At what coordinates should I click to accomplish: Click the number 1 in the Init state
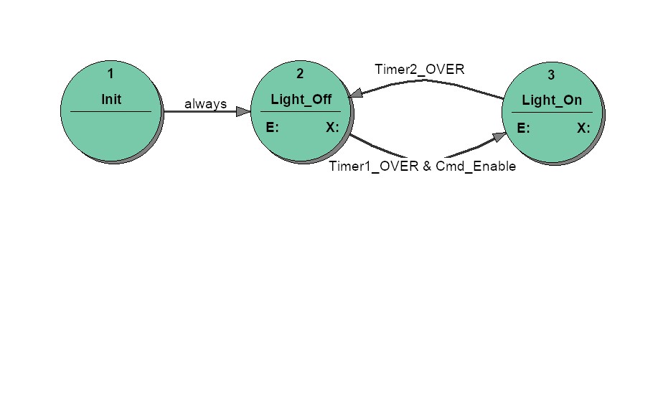click(x=110, y=74)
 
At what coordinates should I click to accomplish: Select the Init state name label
click(x=111, y=99)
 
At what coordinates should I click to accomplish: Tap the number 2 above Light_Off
click(x=300, y=74)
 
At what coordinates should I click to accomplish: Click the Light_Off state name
click(x=301, y=100)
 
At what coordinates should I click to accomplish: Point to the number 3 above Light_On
click(x=551, y=75)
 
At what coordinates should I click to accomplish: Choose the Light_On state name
click(x=552, y=100)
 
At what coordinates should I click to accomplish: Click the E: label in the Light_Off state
click(x=273, y=127)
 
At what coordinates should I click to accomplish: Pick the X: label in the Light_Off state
click(x=332, y=127)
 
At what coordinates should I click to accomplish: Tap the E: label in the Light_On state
click(x=524, y=128)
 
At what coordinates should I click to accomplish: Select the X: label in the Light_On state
click(x=583, y=128)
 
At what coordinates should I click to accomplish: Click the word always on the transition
click(x=205, y=103)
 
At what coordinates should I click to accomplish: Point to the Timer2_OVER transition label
click(x=420, y=70)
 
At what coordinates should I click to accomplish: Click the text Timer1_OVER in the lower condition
click(x=374, y=166)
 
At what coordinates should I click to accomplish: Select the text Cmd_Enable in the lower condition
click(x=476, y=166)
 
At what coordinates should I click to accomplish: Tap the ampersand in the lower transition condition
click(x=427, y=166)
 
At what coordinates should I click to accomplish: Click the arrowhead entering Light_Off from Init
click(x=243, y=111)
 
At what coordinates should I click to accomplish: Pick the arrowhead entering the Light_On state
click(x=499, y=137)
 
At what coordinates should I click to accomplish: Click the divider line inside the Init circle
click(x=110, y=112)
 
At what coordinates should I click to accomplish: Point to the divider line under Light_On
click(x=552, y=113)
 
